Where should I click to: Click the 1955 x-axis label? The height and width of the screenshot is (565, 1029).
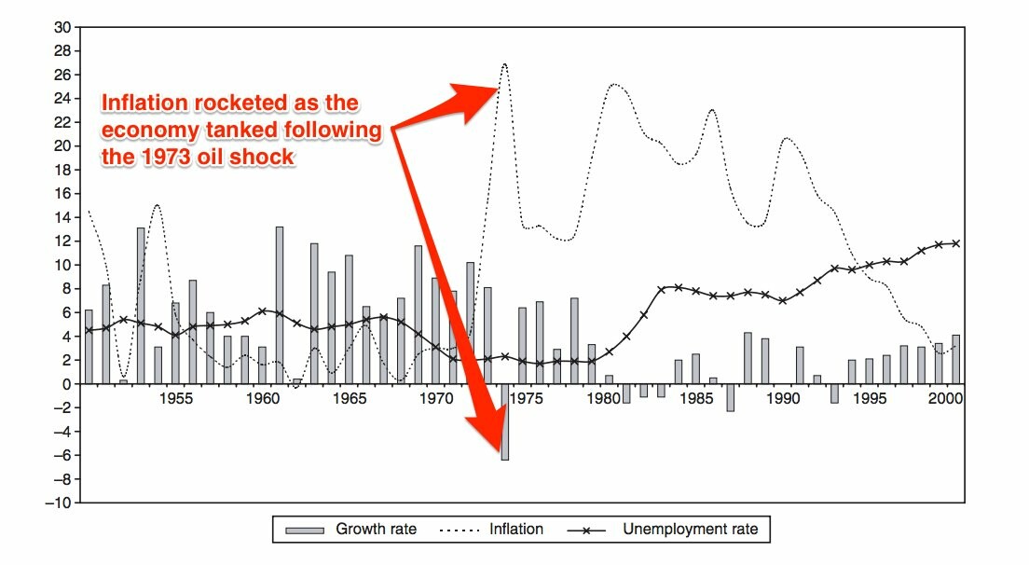(175, 397)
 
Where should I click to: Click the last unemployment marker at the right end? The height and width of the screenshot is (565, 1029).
(955, 243)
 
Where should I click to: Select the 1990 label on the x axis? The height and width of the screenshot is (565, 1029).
(781, 397)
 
